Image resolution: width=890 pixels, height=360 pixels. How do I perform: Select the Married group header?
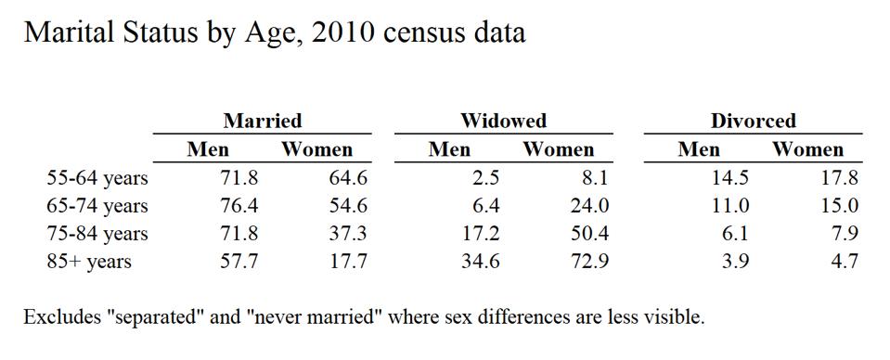[x=263, y=121]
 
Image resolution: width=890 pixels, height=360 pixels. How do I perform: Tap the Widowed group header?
[x=503, y=121]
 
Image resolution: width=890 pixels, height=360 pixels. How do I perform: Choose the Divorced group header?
[x=753, y=121]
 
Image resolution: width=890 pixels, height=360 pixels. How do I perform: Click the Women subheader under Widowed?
[x=558, y=149]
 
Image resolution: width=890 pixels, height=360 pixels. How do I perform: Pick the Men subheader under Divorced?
[x=699, y=149]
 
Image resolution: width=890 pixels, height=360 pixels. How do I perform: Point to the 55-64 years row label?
[x=97, y=178]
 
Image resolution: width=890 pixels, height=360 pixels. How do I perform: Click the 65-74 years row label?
[x=97, y=206]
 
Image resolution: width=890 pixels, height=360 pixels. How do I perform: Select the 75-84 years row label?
[x=97, y=234]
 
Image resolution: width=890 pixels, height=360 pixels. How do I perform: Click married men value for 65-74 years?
[x=239, y=206]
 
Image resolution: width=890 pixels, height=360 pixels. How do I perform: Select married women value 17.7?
[x=348, y=262]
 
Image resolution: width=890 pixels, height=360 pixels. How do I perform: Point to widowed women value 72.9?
[x=589, y=262]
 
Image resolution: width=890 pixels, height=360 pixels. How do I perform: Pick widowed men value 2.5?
[x=485, y=178]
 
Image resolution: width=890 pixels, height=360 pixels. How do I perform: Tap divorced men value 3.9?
[x=735, y=262]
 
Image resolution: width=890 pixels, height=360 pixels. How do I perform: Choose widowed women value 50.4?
[x=589, y=234]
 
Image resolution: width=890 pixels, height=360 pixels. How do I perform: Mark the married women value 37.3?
[x=348, y=234]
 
